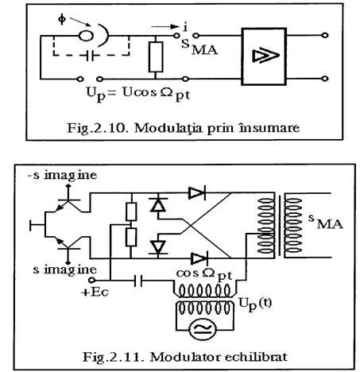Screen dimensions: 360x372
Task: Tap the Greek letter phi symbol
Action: pyautogui.click(x=61, y=19)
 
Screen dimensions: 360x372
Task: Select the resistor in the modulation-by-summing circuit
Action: pyautogui.click(x=156, y=57)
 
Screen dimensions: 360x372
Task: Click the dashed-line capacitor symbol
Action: pyautogui.click(x=90, y=56)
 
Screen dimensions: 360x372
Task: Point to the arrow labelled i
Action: pyautogui.click(x=165, y=26)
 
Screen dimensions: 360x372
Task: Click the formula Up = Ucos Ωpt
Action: pyautogui.click(x=138, y=94)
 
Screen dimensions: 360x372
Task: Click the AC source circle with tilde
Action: pyautogui.click(x=203, y=329)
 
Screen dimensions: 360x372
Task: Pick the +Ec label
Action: pyautogui.click(x=95, y=293)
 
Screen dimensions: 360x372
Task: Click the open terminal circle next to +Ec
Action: pyautogui.click(x=91, y=280)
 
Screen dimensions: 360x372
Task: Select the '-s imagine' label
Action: pyautogui.click(x=63, y=176)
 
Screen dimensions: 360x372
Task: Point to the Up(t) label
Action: pyautogui.click(x=255, y=304)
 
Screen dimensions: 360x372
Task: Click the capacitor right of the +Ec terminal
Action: pyautogui.click(x=137, y=281)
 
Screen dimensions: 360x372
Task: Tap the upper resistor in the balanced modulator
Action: pyautogui.click(x=131, y=211)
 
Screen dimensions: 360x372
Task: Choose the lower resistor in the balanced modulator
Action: pyautogui.click(x=131, y=237)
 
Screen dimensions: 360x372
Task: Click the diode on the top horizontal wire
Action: pyautogui.click(x=196, y=192)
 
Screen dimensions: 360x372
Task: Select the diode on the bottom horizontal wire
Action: pyautogui.click(x=199, y=258)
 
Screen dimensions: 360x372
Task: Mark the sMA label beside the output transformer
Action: pyautogui.click(x=326, y=222)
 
